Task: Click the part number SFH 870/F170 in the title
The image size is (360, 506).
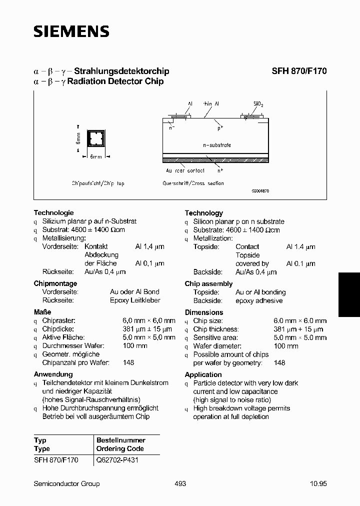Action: point(299,71)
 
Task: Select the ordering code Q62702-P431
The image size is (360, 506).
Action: point(117,460)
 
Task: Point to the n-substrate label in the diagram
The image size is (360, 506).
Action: point(216,145)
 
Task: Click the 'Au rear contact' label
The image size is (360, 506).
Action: point(185,170)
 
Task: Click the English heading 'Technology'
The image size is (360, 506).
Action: point(203,213)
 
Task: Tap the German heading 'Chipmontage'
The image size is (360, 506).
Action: point(55,283)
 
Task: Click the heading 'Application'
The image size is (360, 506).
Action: point(203,374)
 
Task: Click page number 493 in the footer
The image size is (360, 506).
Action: point(180,483)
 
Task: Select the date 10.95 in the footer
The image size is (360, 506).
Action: point(318,483)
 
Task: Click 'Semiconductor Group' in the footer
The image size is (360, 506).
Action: point(66,483)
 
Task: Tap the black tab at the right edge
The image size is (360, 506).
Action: point(349,294)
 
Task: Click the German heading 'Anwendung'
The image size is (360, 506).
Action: point(53,374)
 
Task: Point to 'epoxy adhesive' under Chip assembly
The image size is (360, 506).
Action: point(259,300)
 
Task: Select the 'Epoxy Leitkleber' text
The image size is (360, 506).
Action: point(135,300)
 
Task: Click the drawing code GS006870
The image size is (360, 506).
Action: point(259,191)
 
